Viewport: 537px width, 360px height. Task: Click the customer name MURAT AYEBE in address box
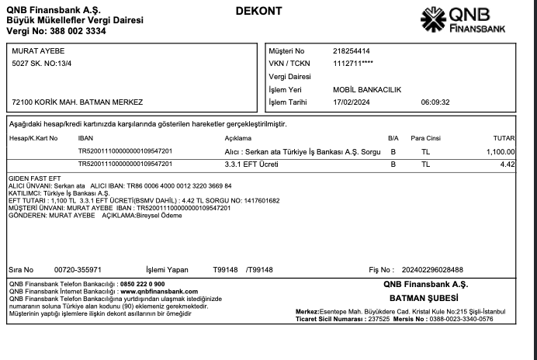[39, 50]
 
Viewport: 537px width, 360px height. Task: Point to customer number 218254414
[352, 50]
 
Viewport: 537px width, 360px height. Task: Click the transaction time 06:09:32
[436, 102]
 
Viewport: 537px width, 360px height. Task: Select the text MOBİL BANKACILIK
[367, 89]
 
